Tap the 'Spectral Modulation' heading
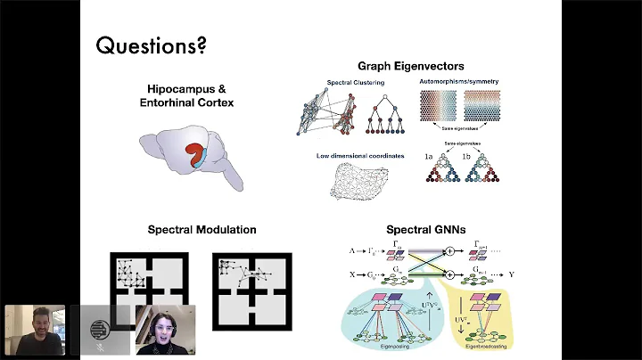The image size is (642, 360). coord(202,230)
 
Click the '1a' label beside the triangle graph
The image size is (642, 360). coord(430,157)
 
